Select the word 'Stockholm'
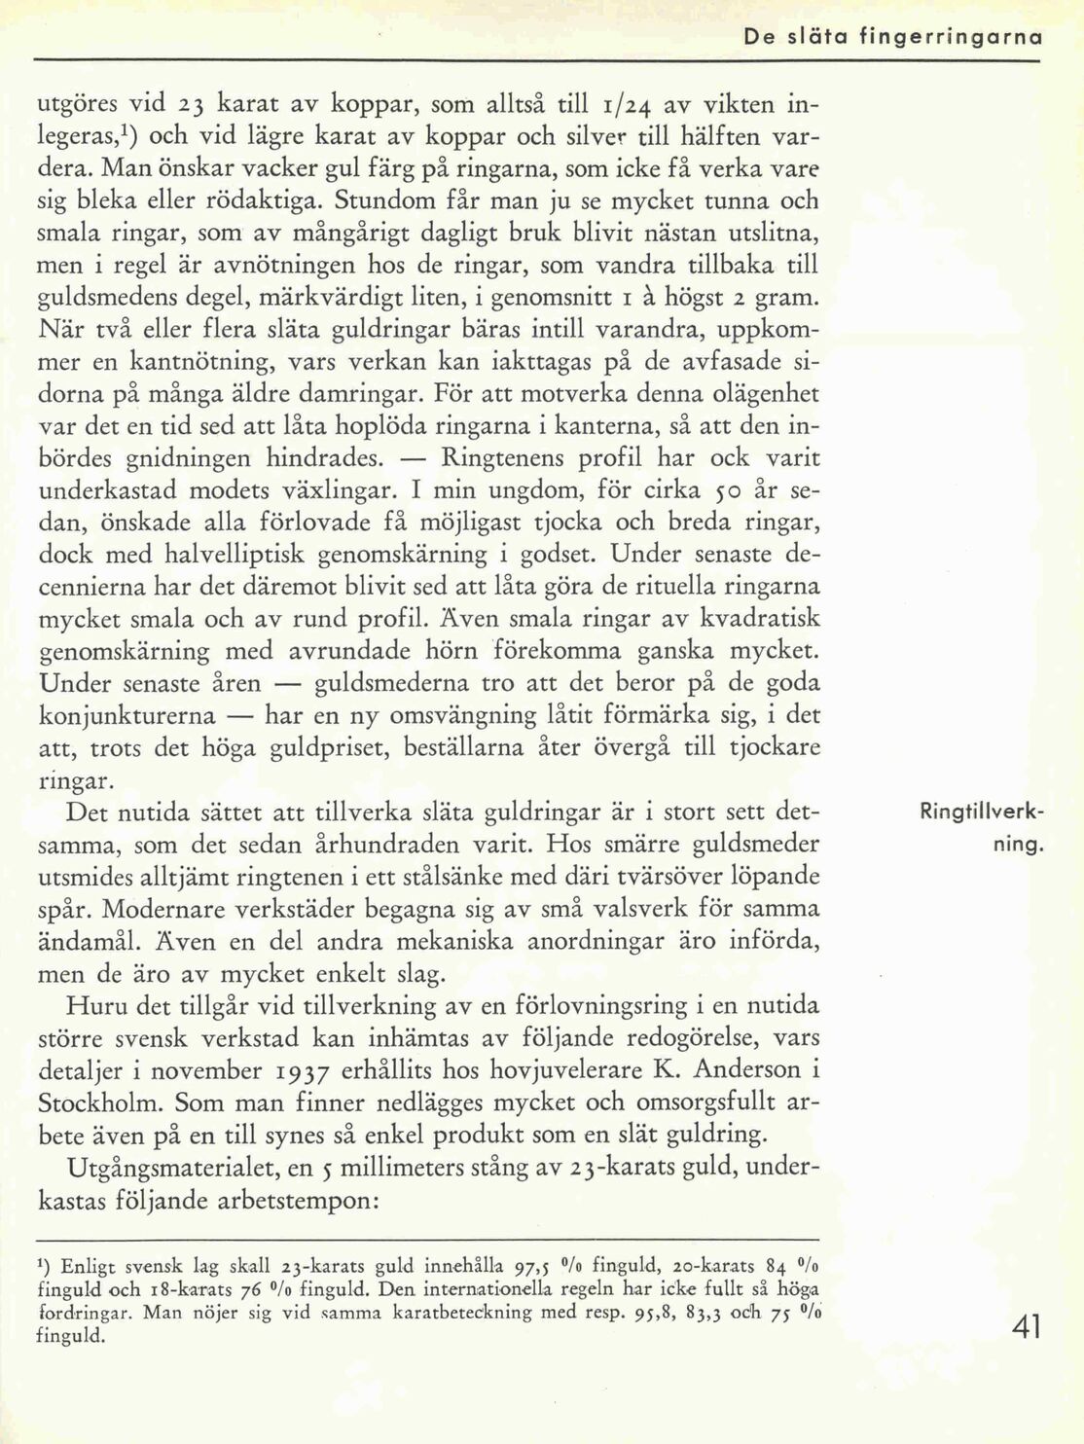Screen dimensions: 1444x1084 (x=100, y=1104)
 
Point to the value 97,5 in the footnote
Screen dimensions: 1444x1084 (x=525, y=1267)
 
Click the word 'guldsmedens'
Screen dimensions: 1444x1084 (x=109, y=297)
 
